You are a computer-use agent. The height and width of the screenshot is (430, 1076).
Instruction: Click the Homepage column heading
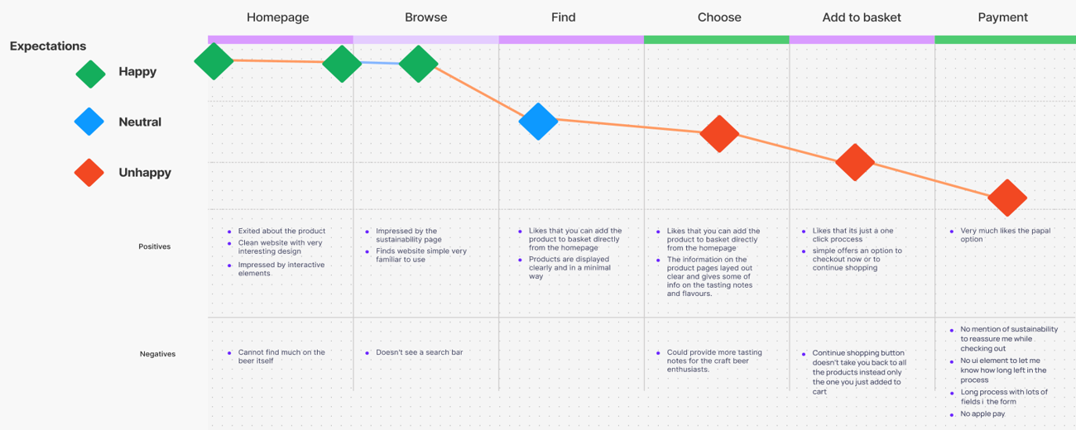(277, 17)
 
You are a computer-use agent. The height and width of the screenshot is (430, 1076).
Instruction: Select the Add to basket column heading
(862, 17)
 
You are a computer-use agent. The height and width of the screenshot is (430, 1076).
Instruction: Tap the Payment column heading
(1002, 17)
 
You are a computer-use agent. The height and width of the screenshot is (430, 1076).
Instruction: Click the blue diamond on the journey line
(539, 122)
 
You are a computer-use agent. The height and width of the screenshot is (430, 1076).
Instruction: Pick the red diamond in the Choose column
(719, 133)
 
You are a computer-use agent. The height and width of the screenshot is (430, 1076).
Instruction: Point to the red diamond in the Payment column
(1006, 198)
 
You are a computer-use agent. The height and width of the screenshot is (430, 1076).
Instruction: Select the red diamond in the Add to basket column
(855, 162)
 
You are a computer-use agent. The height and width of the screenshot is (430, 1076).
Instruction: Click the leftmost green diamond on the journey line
(214, 60)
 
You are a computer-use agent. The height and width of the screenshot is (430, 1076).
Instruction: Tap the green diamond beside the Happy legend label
(90, 73)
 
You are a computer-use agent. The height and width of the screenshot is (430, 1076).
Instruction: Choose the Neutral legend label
(140, 122)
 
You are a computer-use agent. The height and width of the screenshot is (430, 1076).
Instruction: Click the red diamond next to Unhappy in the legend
(89, 173)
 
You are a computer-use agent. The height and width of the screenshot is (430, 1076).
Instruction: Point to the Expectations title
(48, 46)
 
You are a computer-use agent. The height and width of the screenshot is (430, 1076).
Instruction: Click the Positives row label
(154, 246)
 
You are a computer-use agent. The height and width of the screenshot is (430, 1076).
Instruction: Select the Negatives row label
(157, 354)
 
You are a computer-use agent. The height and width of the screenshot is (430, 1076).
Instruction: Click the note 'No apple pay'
(982, 413)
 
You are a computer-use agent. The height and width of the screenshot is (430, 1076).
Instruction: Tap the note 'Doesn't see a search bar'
(419, 352)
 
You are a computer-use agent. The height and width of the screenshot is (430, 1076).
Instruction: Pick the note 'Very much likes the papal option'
(1005, 235)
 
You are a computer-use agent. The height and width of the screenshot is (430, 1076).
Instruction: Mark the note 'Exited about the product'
(281, 232)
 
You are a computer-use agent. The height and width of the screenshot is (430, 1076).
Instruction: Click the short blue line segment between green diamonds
(380, 64)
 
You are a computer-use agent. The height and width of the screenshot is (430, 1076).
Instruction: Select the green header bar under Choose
(716, 40)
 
